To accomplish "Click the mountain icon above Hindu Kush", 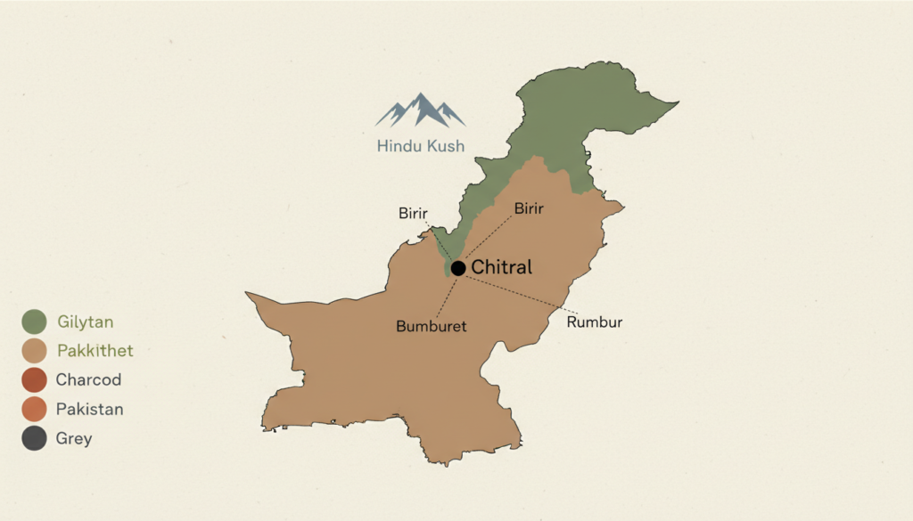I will click(421, 110).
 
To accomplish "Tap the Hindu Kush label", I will click(421, 145).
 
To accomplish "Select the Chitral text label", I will click(501, 267).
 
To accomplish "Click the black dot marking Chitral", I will click(458, 268).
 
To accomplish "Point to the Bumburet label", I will click(432, 327).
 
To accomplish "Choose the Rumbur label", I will click(595, 322).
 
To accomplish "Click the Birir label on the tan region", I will click(530, 208).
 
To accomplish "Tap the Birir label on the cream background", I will click(413, 213).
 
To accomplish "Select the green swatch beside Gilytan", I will click(35, 322).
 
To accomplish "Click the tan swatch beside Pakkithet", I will click(35, 351).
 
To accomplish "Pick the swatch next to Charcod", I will click(35, 380).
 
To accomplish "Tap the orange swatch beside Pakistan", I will click(35, 410).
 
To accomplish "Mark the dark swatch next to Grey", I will click(35, 439).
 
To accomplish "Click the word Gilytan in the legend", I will click(86, 322).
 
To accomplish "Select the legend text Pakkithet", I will click(95, 351).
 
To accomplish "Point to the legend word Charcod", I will click(88, 380).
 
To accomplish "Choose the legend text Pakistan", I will click(89, 410).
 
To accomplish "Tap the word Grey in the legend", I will click(74, 439).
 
